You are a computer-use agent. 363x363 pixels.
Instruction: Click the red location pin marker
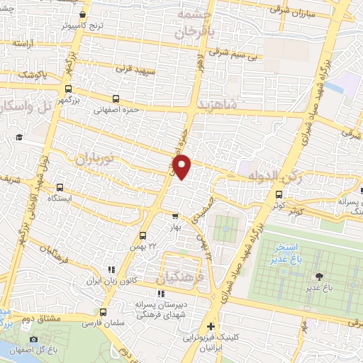[183, 167]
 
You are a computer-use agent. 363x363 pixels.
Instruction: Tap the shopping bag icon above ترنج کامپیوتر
[83, 15]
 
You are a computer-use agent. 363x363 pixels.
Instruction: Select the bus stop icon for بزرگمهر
[67, 89]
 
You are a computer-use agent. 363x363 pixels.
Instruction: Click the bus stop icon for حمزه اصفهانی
[115, 99]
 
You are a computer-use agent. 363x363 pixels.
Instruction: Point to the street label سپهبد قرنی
[135, 69]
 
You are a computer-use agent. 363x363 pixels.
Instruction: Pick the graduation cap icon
[20, 137]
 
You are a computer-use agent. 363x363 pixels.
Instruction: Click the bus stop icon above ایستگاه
[59, 188]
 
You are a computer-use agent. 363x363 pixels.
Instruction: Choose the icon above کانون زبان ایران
[110, 269]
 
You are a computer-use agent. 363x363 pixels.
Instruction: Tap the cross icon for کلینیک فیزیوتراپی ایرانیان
[211, 327]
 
